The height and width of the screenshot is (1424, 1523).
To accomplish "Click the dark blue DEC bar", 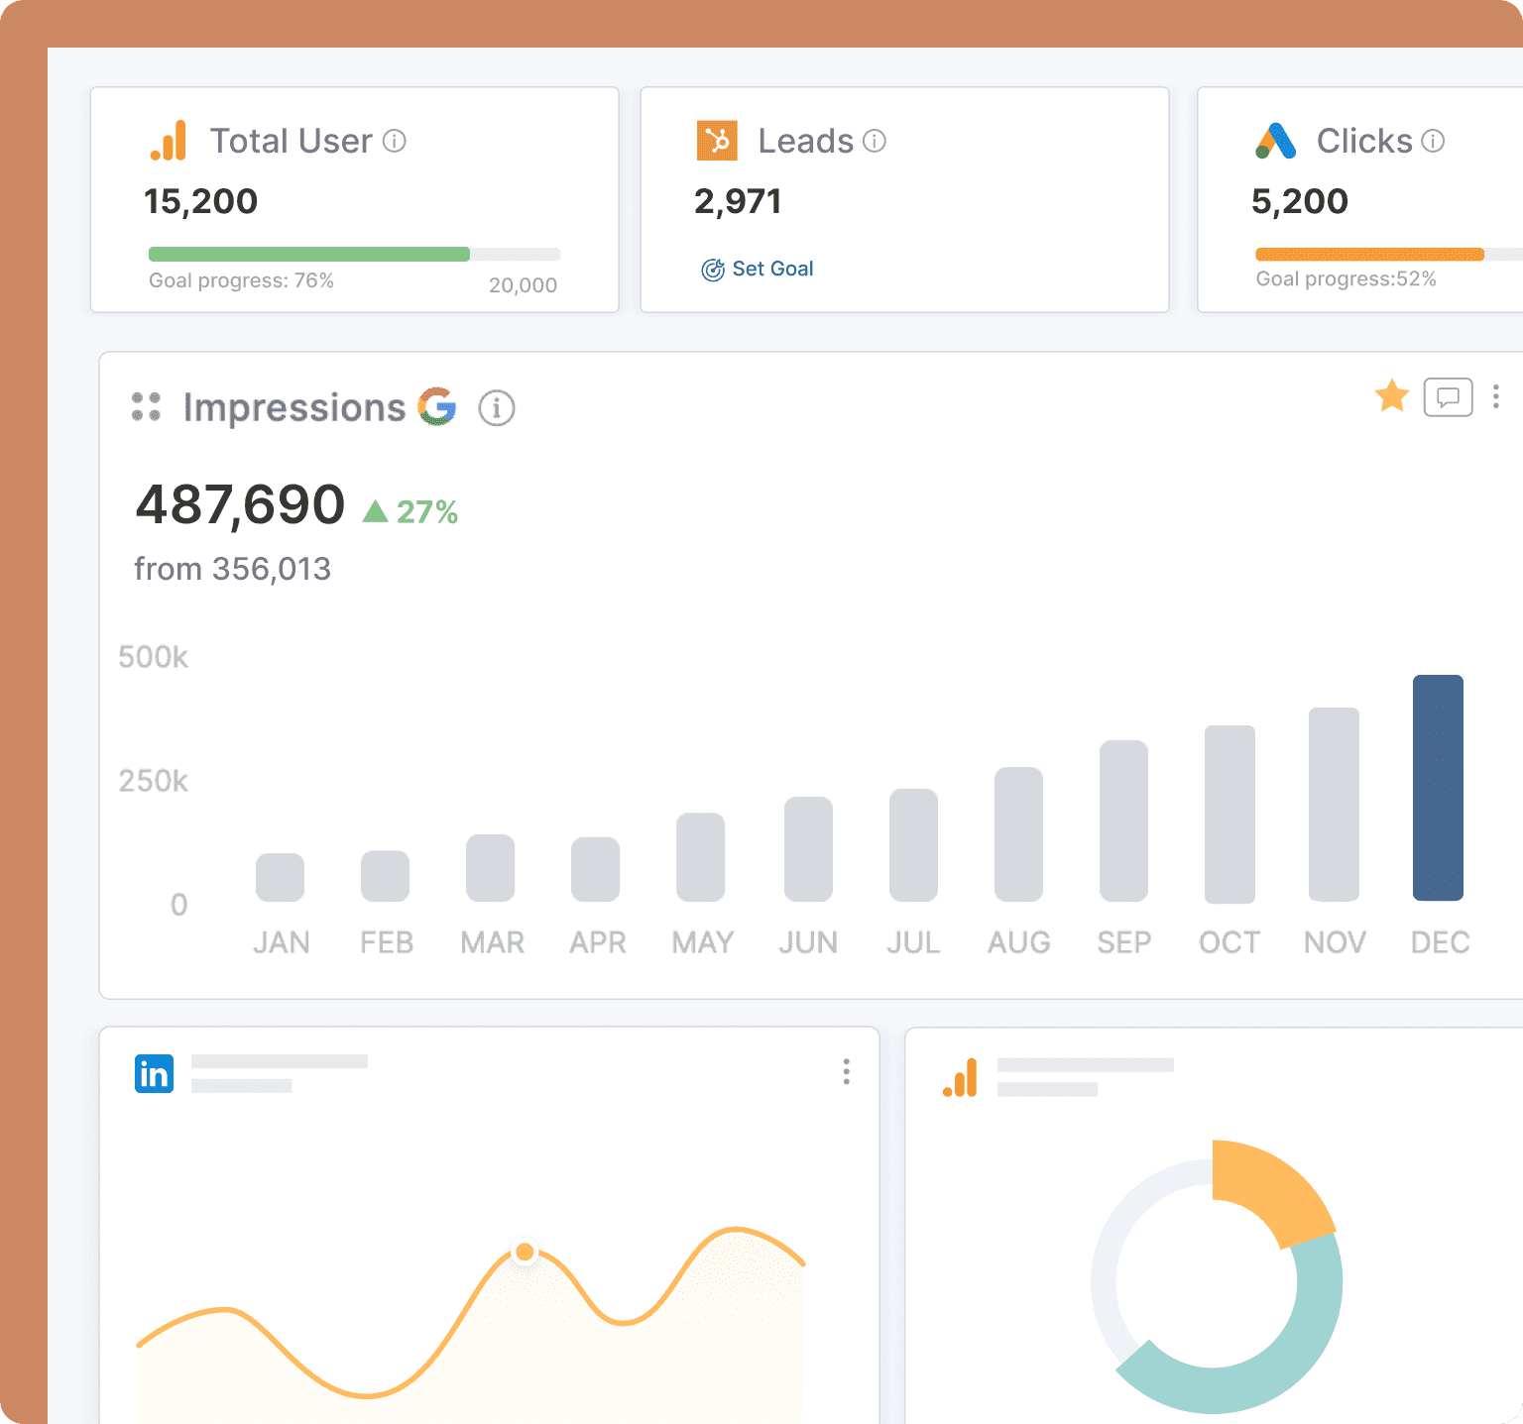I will coord(1438,788).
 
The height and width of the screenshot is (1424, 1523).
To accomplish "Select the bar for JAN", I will coord(280,877).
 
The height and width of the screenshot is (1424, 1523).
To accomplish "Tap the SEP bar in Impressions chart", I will coord(1123,821).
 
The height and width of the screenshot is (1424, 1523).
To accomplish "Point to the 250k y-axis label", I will coord(153,781).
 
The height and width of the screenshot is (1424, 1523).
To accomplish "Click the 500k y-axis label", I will coord(153,657).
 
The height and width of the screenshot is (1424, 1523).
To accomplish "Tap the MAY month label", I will coord(702,941).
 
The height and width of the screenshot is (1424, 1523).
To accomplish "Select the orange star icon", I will coord(1392,396).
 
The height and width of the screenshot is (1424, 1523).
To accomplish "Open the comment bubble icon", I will coord(1448,397).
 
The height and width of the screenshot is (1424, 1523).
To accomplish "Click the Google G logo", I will coord(436,407).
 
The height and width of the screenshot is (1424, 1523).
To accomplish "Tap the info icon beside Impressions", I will coord(497,407).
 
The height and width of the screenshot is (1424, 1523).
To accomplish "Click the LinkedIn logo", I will coord(154,1073).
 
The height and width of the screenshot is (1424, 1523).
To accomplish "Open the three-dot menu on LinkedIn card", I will coord(846,1071).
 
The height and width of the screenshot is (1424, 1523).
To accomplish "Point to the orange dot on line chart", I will coord(525,1252).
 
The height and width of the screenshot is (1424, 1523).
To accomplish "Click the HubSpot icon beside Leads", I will coord(717,141).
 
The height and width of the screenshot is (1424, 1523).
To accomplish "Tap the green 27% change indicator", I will coord(411,511).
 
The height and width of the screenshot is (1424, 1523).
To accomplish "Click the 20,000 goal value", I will coord(523,285).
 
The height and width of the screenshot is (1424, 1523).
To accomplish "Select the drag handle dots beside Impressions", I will coord(146,406).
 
